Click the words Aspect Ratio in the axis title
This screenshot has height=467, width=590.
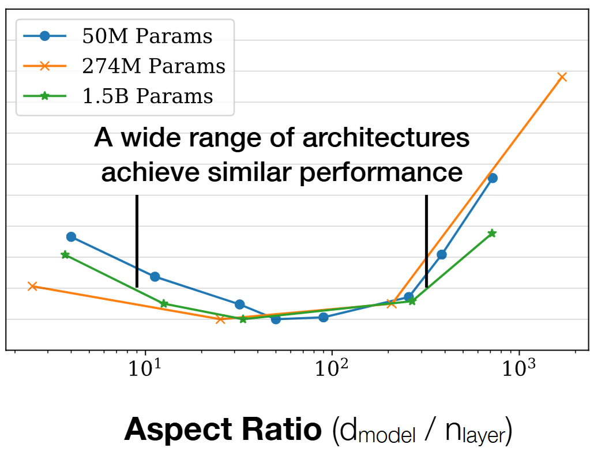point(222,430)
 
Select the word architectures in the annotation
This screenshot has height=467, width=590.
point(376,139)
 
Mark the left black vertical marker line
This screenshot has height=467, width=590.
point(137,241)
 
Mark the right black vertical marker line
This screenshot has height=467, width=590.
point(426,241)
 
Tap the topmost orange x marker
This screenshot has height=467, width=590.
point(562,77)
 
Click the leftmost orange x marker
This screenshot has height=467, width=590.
point(32,286)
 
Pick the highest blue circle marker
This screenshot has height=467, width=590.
point(493,178)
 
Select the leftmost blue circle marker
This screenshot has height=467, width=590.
point(71,236)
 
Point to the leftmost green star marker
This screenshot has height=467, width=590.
point(65,254)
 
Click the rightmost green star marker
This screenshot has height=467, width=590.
point(492,233)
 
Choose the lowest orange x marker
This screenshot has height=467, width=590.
point(220,319)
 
